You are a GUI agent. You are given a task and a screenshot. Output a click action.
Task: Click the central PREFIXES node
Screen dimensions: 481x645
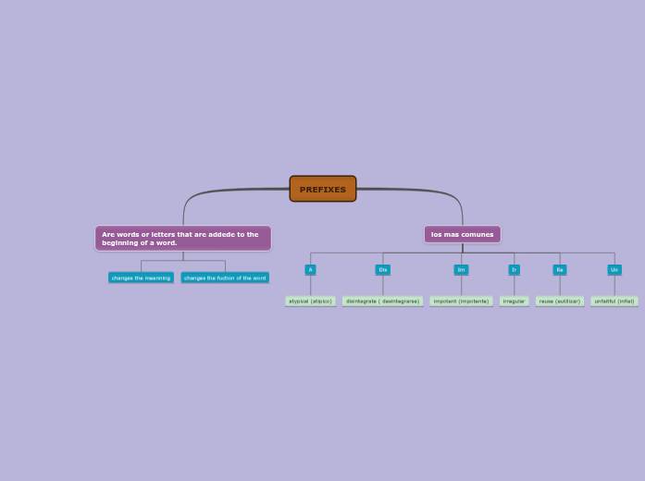click(x=322, y=189)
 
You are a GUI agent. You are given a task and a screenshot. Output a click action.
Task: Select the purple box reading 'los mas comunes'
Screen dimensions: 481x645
click(x=462, y=234)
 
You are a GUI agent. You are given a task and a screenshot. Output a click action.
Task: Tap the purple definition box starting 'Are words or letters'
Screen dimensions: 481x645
click(x=182, y=238)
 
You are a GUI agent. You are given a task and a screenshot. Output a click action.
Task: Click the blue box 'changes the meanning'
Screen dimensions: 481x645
click(x=141, y=277)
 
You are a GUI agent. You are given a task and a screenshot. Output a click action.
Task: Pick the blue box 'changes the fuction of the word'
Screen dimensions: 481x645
click(x=225, y=277)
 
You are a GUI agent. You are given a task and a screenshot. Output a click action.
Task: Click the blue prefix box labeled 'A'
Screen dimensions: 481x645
click(x=310, y=270)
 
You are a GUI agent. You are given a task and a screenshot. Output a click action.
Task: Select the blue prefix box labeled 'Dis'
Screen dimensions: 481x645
click(x=382, y=270)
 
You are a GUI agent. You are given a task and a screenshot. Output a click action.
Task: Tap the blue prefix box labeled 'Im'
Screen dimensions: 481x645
click(x=461, y=270)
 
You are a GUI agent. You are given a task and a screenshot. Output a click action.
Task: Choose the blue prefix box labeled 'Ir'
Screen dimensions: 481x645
click(x=514, y=270)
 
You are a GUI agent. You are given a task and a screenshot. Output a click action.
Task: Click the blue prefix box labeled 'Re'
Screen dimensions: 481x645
click(x=560, y=270)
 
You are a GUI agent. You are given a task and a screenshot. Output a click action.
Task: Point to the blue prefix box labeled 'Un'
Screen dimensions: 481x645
click(x=614, y=270)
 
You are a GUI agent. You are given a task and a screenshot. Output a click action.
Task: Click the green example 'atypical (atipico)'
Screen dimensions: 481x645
click(x=310, y=301)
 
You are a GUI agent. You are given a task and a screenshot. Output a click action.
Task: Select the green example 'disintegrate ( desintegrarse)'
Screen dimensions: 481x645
click(x=382, y=301)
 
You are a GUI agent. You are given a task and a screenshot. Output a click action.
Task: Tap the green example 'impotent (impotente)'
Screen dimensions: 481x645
click(x=461, y=301)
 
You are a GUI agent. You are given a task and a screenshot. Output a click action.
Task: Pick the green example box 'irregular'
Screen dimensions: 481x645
click(x=514, y=301)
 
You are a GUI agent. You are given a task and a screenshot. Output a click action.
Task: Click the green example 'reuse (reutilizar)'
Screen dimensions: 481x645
click(x=560, y=301)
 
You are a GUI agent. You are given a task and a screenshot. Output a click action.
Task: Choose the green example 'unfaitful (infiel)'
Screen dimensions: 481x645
click(x=614, y=301)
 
